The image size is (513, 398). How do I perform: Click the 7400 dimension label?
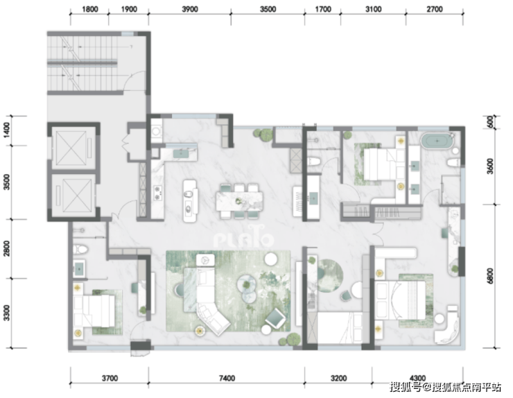(227, 379)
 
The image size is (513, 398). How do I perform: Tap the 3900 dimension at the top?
(190, 9)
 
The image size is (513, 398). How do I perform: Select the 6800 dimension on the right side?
(490, 276)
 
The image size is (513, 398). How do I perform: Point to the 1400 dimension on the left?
(7, 130)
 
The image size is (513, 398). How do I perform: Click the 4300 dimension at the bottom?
(417, 379)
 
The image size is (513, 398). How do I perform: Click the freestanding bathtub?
(437, 141)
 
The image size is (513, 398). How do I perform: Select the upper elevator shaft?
(73, 147)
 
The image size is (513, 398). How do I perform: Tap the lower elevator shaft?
(73, 196)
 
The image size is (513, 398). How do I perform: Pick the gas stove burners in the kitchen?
(158, 193)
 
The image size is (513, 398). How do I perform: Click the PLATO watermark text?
(244, 239)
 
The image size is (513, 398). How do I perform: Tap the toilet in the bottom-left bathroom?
(80, 250)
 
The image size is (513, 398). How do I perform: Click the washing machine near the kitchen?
(157, 132)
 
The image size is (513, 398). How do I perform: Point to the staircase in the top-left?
(82, 64)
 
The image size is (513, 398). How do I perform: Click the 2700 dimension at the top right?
(435, 9)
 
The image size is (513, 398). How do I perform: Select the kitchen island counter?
(190, 201)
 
